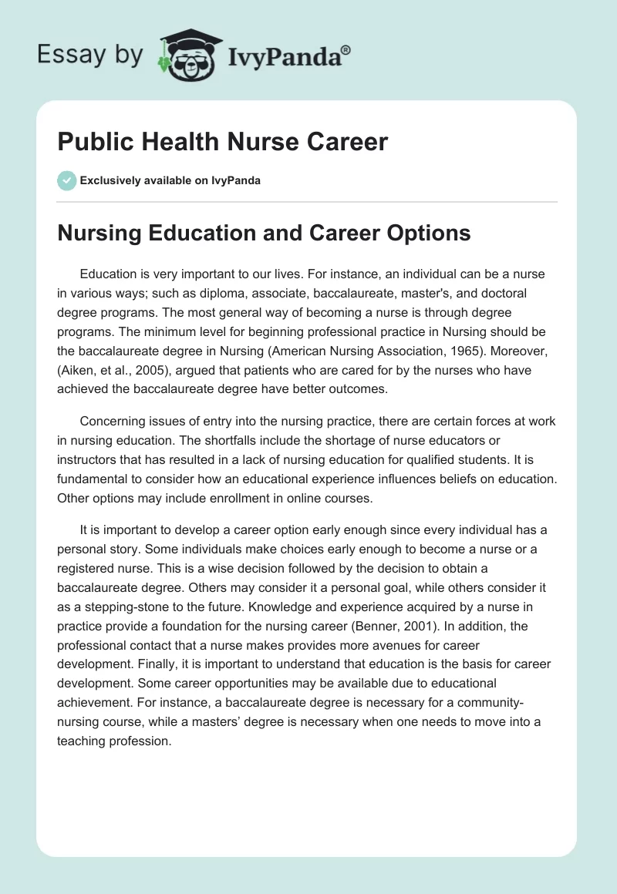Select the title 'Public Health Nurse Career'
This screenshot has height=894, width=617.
(222, 143)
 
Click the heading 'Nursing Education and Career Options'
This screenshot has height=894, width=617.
(264, 233)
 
